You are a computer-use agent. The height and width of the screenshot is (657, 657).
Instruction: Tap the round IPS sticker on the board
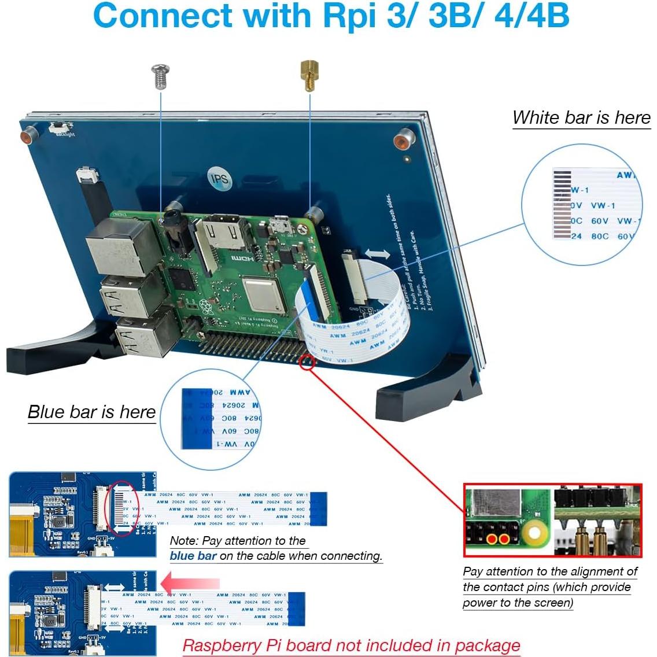pyautogui.click(x=219, y=179)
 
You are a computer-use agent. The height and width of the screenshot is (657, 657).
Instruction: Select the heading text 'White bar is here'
pyautogui.click(x=581, y=118)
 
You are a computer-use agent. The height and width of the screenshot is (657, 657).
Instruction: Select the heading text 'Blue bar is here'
pyautogui.click(x=92, y=412)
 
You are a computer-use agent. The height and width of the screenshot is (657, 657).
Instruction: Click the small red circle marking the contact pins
pyautogui.click(x=307, y=363)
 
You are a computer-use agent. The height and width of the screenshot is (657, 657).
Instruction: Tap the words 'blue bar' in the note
pyautogui.click(x=193, y=556)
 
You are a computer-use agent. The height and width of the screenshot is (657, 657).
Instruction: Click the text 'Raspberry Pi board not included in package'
pyautogui.click(x=351, y=646)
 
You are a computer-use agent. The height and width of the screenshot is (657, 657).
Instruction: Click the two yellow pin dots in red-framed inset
pyautogui.click(x=498, y=540)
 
